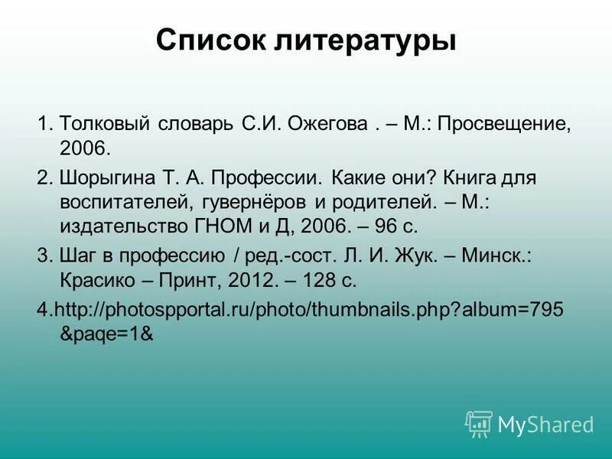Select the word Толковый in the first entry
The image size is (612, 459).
[106, 124]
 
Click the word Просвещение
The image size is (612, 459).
[504, 124]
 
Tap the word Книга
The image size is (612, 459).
[474, 179]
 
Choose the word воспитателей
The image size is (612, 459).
[127, 203]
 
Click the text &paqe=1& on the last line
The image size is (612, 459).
[107, 334]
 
